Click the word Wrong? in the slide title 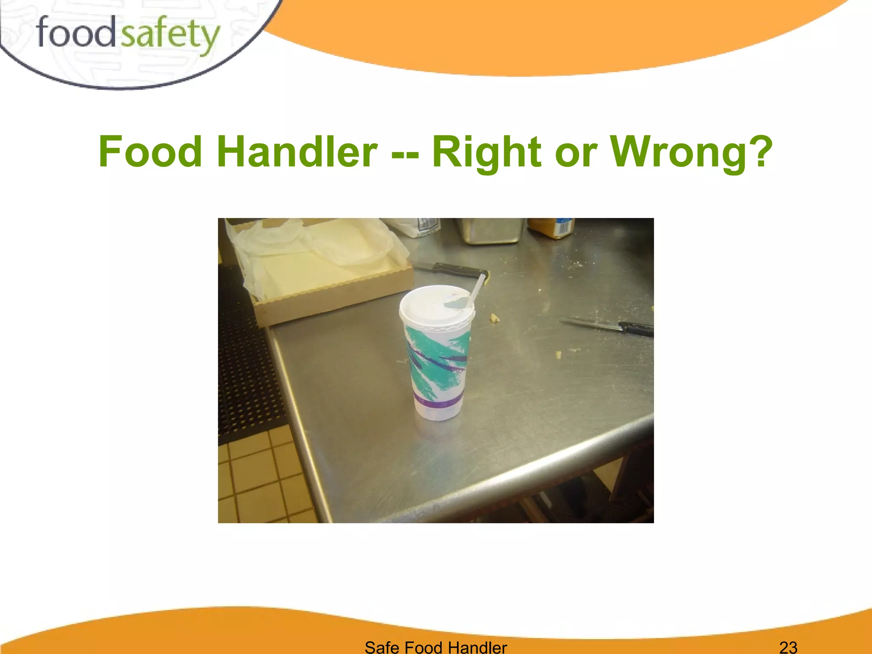pos(691,152)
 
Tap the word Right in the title pos(486,152)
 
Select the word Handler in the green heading pos(297,152)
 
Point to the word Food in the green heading pos(150,152)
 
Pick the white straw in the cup pos(476,290)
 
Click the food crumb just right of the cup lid pos(494,317)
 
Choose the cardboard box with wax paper pos(324,268)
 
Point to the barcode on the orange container pos(564,228)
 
